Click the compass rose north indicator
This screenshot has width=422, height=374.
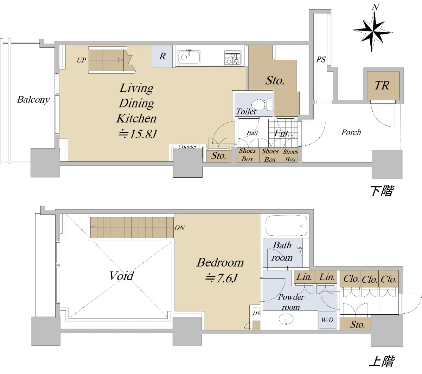point(373,29)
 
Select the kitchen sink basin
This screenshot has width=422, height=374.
point(189,57)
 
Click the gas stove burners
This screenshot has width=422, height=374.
point(233,58)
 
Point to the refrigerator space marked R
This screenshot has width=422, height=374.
point(162,57)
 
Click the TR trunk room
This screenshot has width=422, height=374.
point(383,86)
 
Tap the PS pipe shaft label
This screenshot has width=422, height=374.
point(321,60)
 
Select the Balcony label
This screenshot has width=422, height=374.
point(33,100)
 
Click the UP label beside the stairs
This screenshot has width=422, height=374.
point(81,60)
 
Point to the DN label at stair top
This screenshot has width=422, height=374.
point(179,228)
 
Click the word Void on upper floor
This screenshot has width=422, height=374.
point(121,276)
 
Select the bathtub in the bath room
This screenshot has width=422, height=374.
point(286,226)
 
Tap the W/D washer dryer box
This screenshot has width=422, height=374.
point(327,320)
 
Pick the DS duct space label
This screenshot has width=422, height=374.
point(256,313)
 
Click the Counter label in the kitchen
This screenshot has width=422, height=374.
point(187,146)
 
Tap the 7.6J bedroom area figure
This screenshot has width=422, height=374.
point(221,278)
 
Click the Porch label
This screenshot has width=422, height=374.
point(351,132)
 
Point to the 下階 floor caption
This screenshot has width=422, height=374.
point(382,191)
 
